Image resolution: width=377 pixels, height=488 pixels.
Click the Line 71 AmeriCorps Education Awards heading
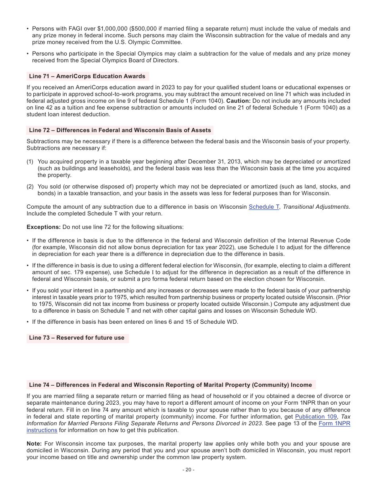[x=87, y=76]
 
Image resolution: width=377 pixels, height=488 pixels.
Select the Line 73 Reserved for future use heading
[x=77, y=338]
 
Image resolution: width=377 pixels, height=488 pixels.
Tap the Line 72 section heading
[x=120, y=130]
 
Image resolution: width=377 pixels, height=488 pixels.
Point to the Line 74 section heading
[x=170, y=385]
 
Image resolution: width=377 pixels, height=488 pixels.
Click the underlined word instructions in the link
[x=42, y=430]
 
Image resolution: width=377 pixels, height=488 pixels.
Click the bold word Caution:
[x=238, y=101]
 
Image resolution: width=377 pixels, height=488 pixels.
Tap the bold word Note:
[x=34, y=444]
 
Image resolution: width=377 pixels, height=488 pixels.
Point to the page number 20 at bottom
[x=188, y=470]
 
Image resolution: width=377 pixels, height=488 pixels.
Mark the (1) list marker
[x=30, y=161]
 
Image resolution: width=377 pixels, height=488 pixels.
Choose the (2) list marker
[x=30, y=186]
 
